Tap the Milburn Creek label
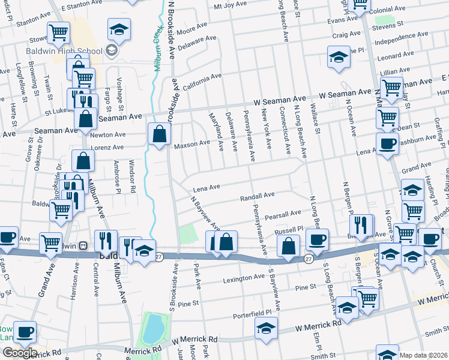point(158,48)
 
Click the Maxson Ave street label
point(191,144)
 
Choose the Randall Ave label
point(257,196)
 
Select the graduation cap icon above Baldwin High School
point(119,29)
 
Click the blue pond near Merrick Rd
point(153,328)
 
